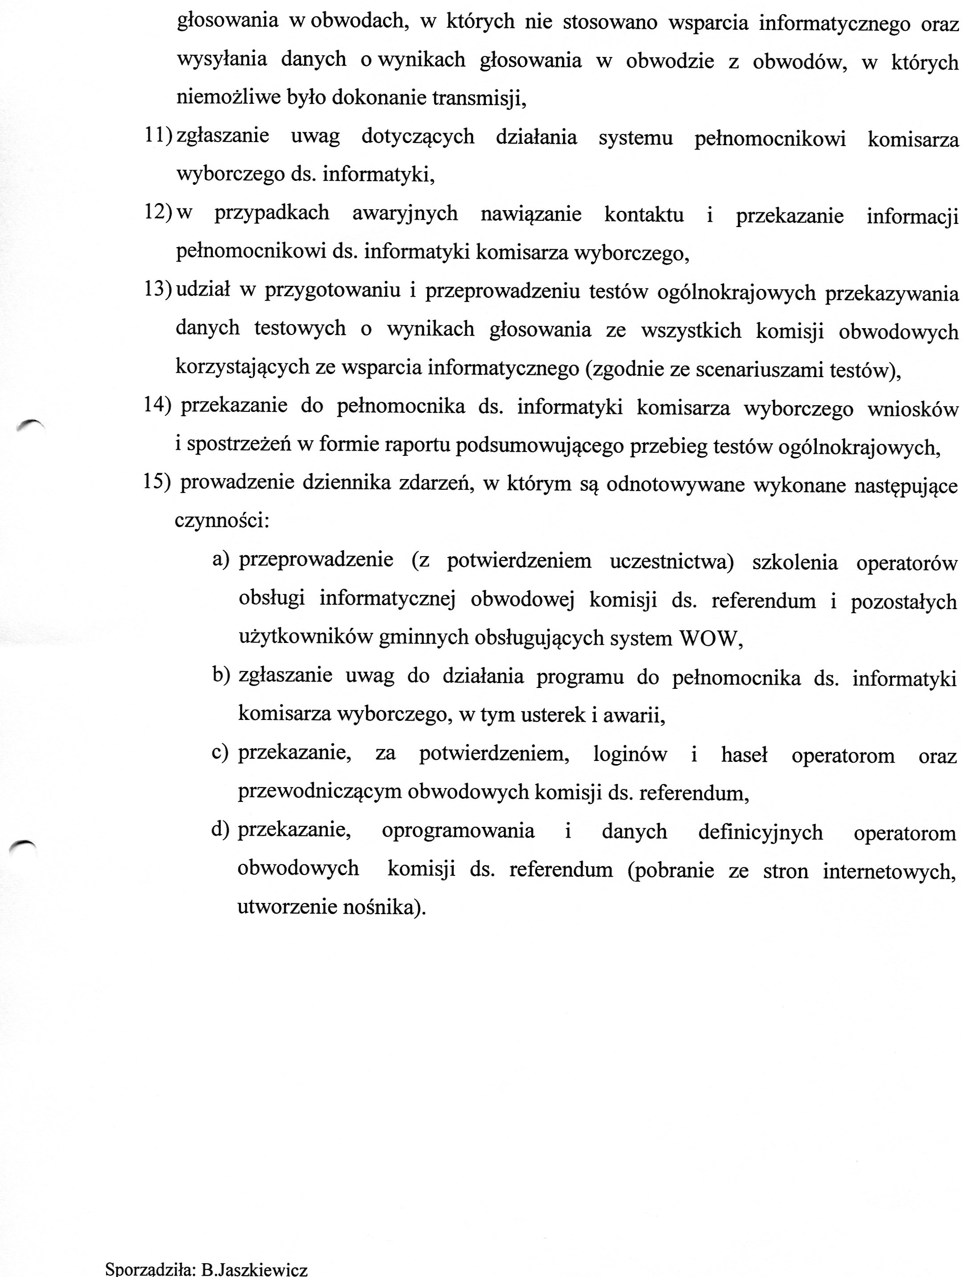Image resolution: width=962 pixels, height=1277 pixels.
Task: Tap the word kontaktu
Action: [644, 214]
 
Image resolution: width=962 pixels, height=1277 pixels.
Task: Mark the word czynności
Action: [222, 521]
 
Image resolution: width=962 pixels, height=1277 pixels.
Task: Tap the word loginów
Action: [630, 754]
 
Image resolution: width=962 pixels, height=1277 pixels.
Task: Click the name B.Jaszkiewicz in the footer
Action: [254, 1269]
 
